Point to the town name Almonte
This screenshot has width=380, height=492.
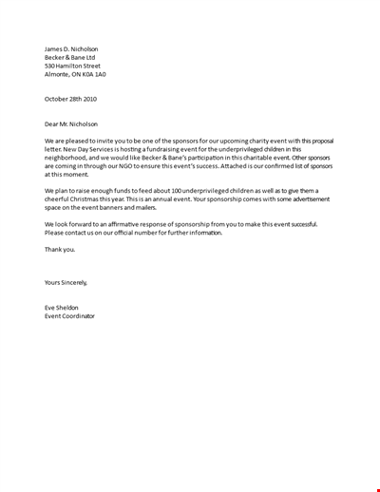[x=59, y=74]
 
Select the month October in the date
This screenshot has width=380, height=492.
[x=58, y=99]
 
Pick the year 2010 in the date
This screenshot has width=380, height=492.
[x=88, y=99]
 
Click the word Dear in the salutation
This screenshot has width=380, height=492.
[x=53, y=123]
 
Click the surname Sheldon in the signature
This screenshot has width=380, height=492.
[x=71, y=308]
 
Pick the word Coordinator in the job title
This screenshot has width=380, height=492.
[x=78, y=316]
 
